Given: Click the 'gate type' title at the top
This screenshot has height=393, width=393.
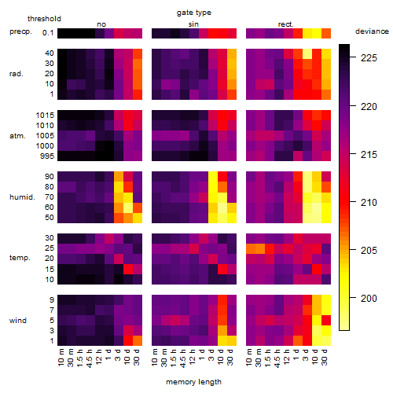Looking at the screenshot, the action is tap(194, 13).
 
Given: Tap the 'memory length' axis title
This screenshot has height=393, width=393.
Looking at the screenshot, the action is tap(193, 382).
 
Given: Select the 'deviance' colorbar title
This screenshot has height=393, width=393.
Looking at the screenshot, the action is tap(372, 31).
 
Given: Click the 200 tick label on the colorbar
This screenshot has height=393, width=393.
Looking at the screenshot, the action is tap(369, 298).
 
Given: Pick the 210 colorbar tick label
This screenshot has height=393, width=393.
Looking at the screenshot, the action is tap(369, 202).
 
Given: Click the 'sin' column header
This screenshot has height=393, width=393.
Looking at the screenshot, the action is tap(193, 24).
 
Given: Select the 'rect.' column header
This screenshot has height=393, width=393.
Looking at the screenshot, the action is tap(285, 24).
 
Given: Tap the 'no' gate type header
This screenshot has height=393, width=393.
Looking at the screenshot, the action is tap(101, 24).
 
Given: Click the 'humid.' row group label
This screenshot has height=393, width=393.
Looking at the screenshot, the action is tap(22, 197).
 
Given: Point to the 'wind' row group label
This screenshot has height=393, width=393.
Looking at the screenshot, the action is tap(18, 321).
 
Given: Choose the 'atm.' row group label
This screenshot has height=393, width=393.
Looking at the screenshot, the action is tap(17, 136).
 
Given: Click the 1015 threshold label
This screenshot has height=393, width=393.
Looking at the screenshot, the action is tap(45, 116).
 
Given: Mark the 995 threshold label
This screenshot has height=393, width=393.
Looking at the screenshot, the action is tap(47, 156).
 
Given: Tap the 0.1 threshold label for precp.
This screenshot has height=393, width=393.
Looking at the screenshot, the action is tap(48, 33).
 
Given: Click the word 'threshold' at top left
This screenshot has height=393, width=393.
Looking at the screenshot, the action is tap(44, 19).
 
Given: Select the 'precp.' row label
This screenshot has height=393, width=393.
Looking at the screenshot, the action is tap(20, 31).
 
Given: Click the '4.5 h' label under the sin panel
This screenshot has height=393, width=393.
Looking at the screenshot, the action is tap(184, 358).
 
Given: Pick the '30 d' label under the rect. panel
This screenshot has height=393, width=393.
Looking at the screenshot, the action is tap(325, 357).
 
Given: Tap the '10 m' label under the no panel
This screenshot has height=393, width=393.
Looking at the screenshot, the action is tap(61, 358).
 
